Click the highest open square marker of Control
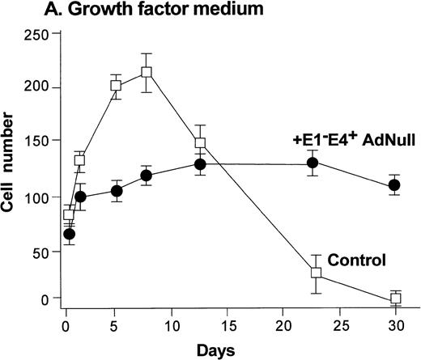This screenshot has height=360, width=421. [147, 73]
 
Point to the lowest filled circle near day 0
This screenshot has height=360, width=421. [70, 234]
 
